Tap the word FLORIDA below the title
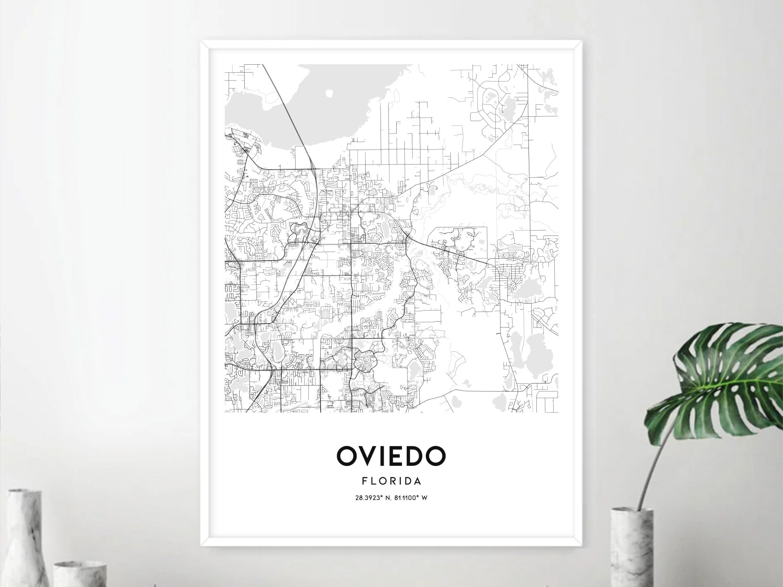click(391, 480)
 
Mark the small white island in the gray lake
click(330, 94)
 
